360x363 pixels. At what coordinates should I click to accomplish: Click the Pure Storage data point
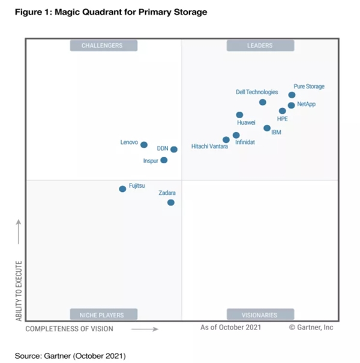pyautogui.click(x=292, y=95)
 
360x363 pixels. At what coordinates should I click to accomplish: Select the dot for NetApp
pyautogui.click(x=291, y=106)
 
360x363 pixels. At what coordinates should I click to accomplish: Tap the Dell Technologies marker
pyautogui.click(x=263, y=103)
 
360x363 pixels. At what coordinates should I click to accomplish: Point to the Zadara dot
pyautogui.click(x=171, y=203)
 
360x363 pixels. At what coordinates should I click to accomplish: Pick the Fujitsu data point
pyautogui.click(x=123, y=189)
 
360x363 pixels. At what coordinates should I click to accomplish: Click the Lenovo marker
pyautogui.click(x=144, y=145)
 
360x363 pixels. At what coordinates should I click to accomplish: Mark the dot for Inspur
pyautogui.click(x=164, y=160)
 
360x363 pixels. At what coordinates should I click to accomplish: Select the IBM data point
pyautogui.click(x=267, y=128)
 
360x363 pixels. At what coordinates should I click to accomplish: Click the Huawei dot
pyautogui.click(x=239, y=115)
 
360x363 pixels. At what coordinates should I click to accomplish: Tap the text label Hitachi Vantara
pyautogui.click(x=209, y=146)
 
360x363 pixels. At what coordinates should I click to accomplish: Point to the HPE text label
pyautogui.click(x=283, y=119)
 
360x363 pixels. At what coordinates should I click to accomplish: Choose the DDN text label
pyautogui.click(x=163, y=148)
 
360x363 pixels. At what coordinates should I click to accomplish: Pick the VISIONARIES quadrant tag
pyautogui.click(x=260, y=314)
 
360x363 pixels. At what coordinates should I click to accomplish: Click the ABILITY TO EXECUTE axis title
pyautogui.click(x=19, y=290)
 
